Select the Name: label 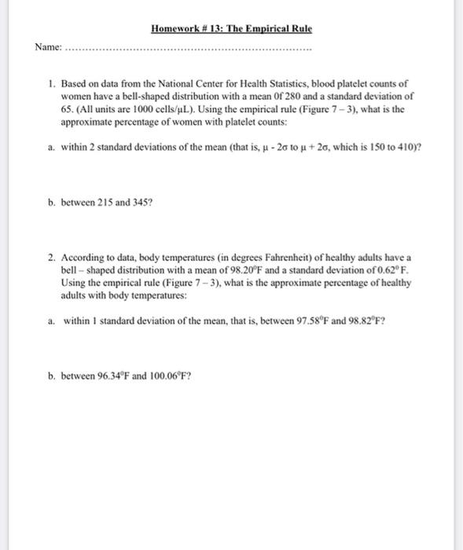tap(47, 47)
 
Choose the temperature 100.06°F tap(165, 375)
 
